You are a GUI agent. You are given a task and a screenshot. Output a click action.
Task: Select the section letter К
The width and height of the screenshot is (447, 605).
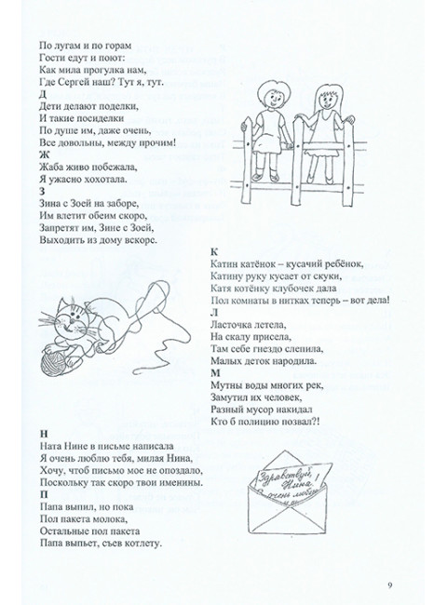pos(214,252)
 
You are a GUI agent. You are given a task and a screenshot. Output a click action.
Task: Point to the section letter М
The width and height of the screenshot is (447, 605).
pos(215,372)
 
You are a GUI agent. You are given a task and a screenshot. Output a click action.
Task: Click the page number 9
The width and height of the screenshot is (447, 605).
pos(390,584)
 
